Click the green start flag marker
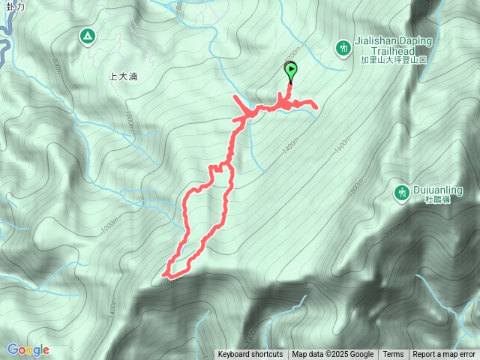290,71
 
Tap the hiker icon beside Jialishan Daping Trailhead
343,48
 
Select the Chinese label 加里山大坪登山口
393,59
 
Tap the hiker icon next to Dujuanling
402,193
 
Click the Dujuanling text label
438,190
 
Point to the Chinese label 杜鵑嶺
437,199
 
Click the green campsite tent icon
88,36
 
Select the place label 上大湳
123,76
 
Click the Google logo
28,349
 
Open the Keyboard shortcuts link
250,355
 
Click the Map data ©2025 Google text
332,355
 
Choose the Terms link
393,355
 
